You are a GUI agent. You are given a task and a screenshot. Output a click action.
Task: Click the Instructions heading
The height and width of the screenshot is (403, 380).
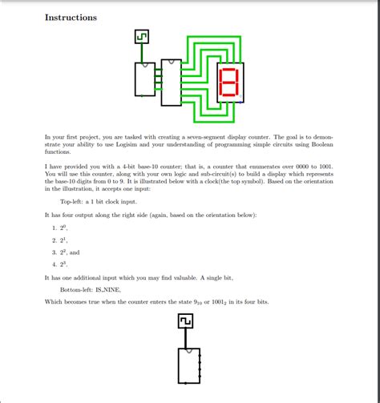71,17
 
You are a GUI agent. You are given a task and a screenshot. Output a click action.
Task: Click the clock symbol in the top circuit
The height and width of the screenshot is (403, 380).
141,37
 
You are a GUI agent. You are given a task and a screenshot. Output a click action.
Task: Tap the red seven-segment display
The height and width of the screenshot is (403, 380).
229,83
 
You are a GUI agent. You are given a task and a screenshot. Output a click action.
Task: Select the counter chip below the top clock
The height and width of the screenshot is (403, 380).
145,79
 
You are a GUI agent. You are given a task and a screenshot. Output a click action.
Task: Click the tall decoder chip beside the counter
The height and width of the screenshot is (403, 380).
171,83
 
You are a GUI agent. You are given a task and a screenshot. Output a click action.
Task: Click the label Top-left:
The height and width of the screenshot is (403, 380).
74,203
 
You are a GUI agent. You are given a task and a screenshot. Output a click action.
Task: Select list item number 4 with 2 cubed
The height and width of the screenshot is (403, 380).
60,264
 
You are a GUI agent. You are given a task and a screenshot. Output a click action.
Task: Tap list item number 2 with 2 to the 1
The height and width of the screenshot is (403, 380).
60,240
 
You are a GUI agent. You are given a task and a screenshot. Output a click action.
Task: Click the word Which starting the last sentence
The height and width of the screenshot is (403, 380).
55,301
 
